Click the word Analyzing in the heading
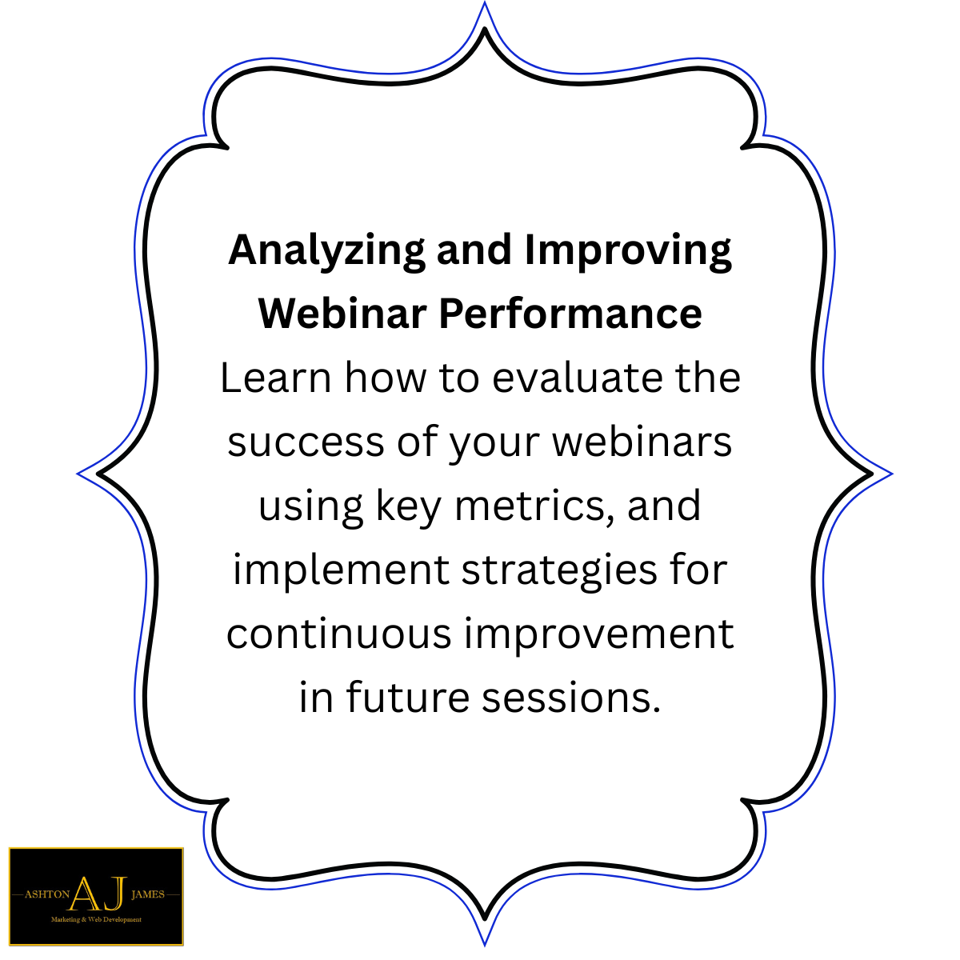coord(326,251)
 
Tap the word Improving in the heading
coord(628,251)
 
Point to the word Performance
coord(570,313)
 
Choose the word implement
coord(341,570)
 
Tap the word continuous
coord(339,634)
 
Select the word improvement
coord(598,634)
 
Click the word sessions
coord(571,698)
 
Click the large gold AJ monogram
coord(97,894)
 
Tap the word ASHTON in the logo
coord(46,894)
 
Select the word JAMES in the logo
coord(147,894)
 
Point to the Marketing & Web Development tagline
coord(96,920)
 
